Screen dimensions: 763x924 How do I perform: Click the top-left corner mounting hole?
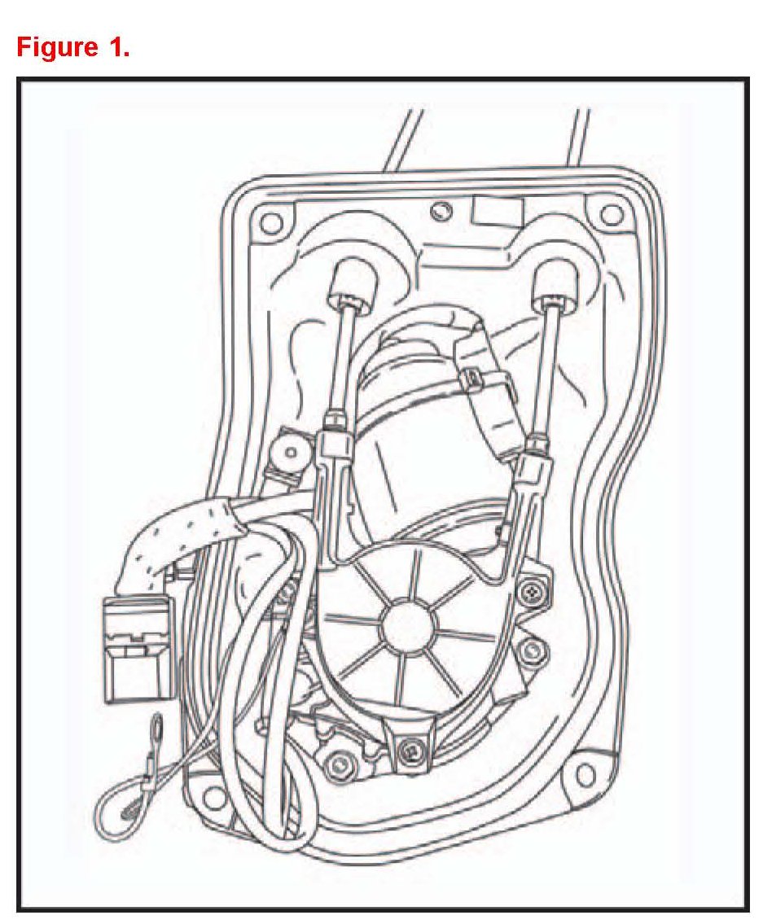[273, 220]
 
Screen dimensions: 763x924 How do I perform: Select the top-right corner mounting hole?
[609, 215]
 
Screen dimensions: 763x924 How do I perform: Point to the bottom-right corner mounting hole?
[584, 771]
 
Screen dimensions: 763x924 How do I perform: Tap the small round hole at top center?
[441, 211]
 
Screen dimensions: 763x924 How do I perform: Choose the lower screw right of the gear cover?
[533, 650]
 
